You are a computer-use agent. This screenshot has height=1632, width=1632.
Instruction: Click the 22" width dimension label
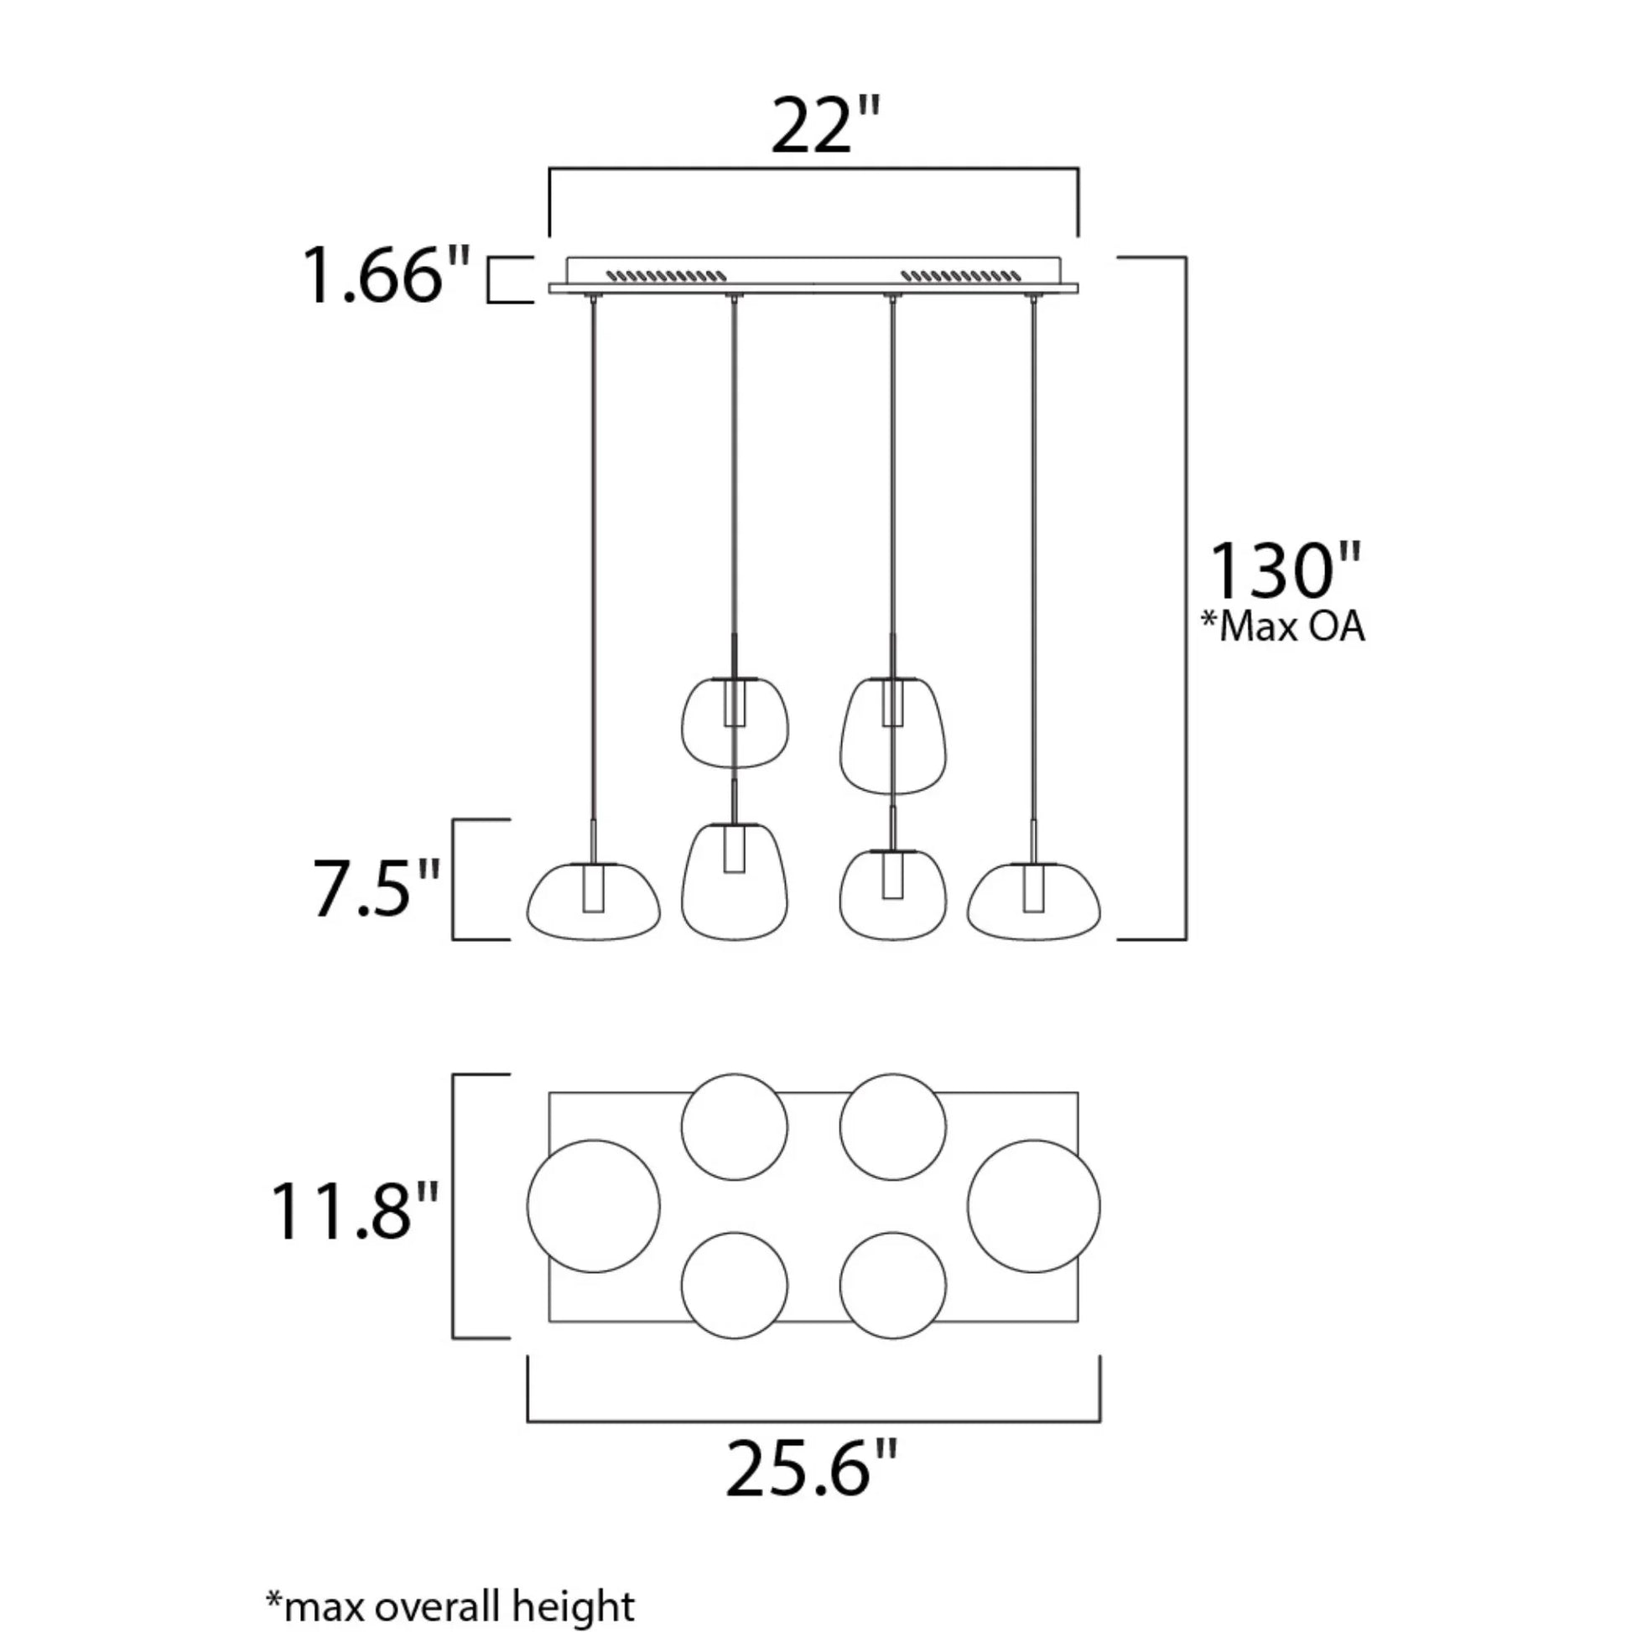coord(824,127)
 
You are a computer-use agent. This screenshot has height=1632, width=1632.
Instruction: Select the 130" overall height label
coord(1285,572)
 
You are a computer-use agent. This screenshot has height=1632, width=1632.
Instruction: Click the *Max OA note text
coord(1283,627)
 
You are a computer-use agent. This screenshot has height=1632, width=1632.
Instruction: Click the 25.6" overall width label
coord(811,1469)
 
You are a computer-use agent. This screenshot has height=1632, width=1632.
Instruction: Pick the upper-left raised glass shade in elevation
coord(734,723)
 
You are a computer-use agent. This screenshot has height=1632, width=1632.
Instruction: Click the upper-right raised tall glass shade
coord(892,735)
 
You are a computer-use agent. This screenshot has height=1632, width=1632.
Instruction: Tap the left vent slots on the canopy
coord(667,275)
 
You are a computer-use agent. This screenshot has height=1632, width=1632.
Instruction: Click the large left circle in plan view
coord(593,1205)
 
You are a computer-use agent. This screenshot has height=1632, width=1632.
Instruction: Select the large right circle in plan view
coord(1033,1205)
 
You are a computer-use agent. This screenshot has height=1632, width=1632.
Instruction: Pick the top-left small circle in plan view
coord(734,1127)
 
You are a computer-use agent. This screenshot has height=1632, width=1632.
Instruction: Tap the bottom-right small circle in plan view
coord(892,1285)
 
